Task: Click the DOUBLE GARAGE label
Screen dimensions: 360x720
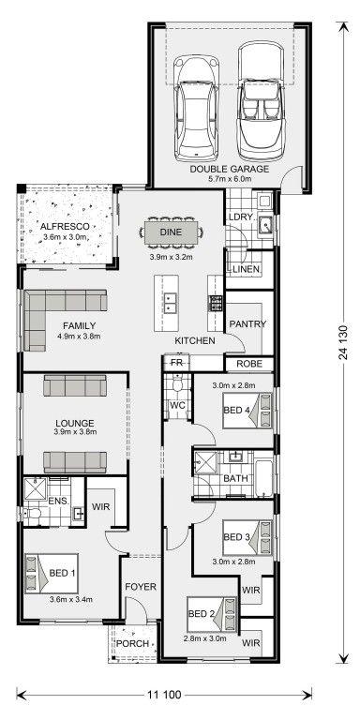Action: tap(230, 169)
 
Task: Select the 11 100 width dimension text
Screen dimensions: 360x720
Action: tap(164, 695)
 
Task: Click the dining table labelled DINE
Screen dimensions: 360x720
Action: tap(172, 232)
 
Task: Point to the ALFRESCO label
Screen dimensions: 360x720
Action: tap(65, 226)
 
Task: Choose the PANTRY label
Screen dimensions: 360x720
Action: tap(247, 324)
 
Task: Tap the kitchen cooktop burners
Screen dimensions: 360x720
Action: tap(216, 304)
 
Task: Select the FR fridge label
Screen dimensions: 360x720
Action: tap(177, 363)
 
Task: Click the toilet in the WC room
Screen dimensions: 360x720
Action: tap(177, 382)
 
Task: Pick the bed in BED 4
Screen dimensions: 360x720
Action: tap(247, 411)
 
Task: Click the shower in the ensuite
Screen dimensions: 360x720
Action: tap(36, 488)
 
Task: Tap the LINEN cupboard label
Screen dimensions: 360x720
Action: tap(247, 269)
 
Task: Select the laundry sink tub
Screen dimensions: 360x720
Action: tap(265, 225)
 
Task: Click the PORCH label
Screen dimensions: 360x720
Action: tap(132, 643)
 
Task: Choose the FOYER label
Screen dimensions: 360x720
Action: tap(141, 587)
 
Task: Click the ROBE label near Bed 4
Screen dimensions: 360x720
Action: tap(249, 364)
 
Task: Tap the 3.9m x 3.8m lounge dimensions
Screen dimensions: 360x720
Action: tap(76, 431)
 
